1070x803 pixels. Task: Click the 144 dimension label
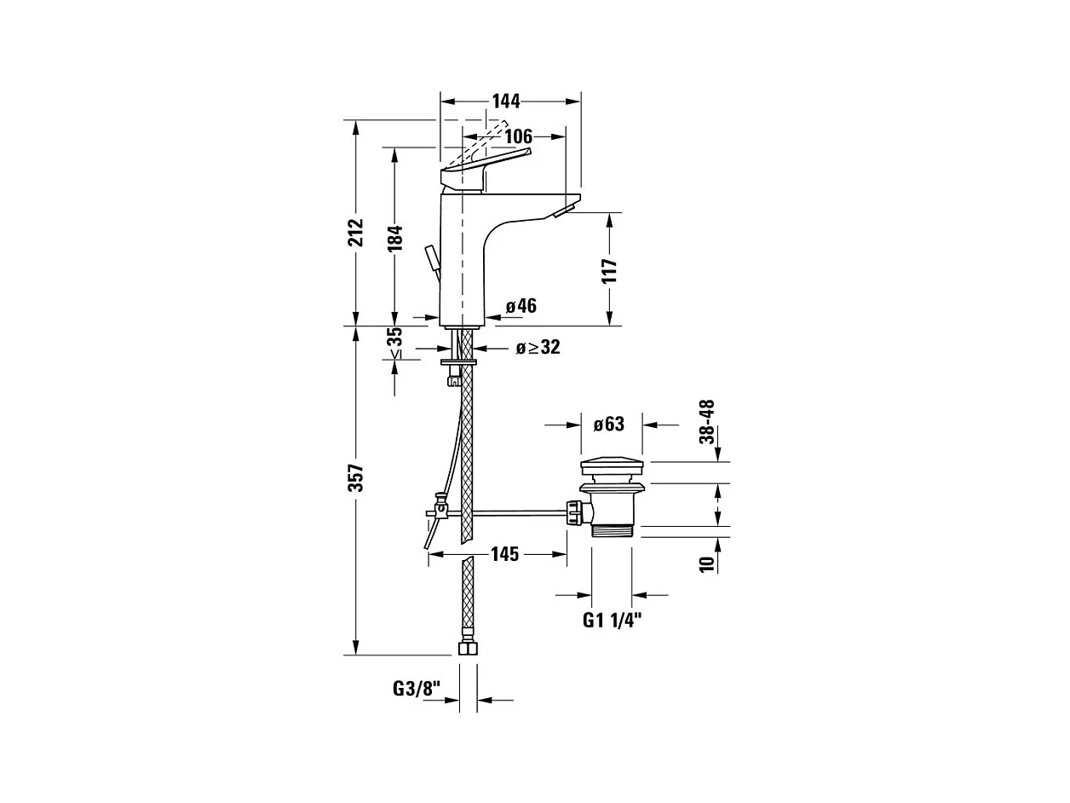pyautogui.click(x=505, y=101)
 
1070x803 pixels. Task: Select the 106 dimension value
pyautogui.click(x=518, y=136)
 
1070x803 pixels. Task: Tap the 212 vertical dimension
pyautogui.click(x=356, y=232)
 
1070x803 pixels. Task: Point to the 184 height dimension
pyautogui.click(x=394, y=240)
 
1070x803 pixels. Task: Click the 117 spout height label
pyautogui.click(x=608, y=270)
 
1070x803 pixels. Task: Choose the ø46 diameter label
pyautogui.click(x=521, y=306)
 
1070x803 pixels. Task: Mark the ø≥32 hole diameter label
pyautogui.click(x=538, y=348)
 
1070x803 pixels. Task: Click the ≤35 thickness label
pyautogui.click(x=394, y=343)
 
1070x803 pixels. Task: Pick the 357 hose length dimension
pyautogui.click(x=356, y=478)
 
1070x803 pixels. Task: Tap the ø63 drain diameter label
pyautogui.click(x=609, y=424)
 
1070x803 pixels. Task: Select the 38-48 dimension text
pyautogui.click(x=706, y=421)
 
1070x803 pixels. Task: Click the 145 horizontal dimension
pyautogui.click(x=504, y=555)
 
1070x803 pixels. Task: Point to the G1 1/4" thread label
pyautogui.click(x=612, y=620)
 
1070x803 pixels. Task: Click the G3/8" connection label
pyautogui.click(x=417, y=688)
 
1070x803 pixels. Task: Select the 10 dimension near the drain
pyautogui.click(x=706, y=563)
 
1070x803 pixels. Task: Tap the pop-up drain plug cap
pyautogui.click(x=613, y=467)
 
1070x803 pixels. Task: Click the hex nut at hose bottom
pyautogui.click(x=468, y=648)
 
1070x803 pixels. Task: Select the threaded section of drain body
pyautogui.click(x=613, y=529)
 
